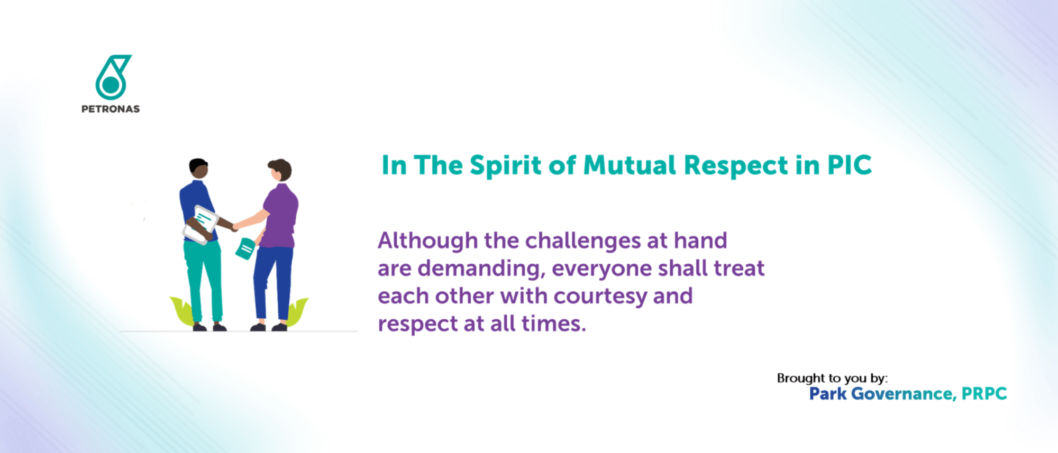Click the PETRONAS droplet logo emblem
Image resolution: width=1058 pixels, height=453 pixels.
click(112, 78)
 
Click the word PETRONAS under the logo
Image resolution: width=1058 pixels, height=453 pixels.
click(111, 109)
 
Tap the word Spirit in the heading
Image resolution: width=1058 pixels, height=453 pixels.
click(506, 166)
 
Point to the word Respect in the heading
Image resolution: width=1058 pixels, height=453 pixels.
click(736, 166)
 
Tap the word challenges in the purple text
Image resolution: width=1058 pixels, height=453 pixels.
click(582, 241)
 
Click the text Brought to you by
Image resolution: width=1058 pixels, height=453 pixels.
click(832, 378)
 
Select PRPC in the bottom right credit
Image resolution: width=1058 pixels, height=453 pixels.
click(984, 394)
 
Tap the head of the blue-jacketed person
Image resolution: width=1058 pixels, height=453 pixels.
click(199, 168)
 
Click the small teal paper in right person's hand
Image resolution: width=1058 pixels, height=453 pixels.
click(245, 248)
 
